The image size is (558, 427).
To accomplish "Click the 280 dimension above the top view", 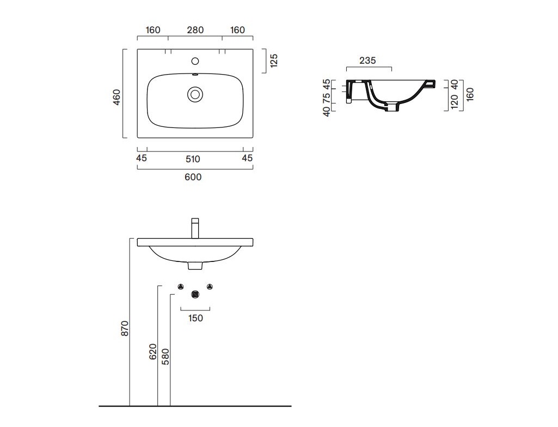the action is [x=195, y=30].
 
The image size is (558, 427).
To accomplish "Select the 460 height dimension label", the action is [x=116, y=97].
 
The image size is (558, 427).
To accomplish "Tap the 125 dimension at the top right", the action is [x=274, y=60].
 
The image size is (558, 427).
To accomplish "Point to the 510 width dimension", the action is [x=193, y=159].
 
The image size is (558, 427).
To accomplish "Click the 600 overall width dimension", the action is [x=193, y=177].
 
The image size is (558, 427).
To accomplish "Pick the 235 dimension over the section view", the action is [x=367, y=60].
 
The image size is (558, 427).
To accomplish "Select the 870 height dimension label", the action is [x=125, y=328].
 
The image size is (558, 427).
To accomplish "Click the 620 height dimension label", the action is [x=152, y=352].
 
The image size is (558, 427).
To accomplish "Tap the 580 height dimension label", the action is [x=165, y=357].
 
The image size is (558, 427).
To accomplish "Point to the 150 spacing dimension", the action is [x=195, y=318].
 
